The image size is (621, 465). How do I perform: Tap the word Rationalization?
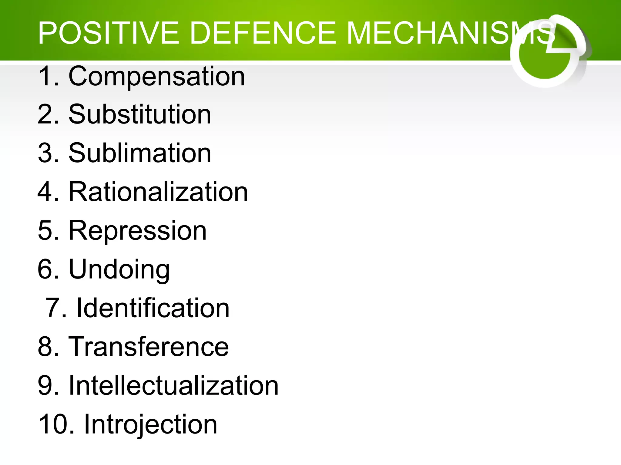coord(158,192)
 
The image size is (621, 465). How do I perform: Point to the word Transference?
coord(149,347)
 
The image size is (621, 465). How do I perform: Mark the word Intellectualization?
coord(173,385)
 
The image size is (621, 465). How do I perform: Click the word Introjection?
coord(150,424)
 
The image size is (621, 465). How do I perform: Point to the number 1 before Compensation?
coord(45,76)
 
